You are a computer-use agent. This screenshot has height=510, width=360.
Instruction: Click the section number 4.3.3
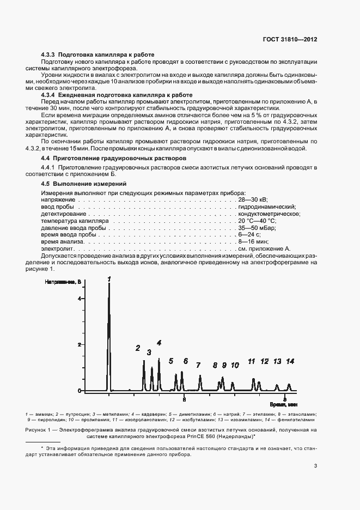click(x=50, y=55)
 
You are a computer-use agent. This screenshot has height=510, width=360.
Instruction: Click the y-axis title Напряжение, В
click(x=63, y=282)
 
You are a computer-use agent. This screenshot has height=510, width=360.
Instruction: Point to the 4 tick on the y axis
click(x=79, y=299)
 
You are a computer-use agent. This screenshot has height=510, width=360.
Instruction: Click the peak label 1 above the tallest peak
click(x=109, y=278)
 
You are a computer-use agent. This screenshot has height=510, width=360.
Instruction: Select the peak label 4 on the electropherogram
click(x=159, y=343)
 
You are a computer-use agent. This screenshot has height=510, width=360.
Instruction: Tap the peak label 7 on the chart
click(x=198, y=365)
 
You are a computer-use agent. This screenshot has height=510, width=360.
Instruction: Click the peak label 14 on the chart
click(x=290, y=361)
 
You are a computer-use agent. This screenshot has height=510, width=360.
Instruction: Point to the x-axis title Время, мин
click(x=284, y=405)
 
